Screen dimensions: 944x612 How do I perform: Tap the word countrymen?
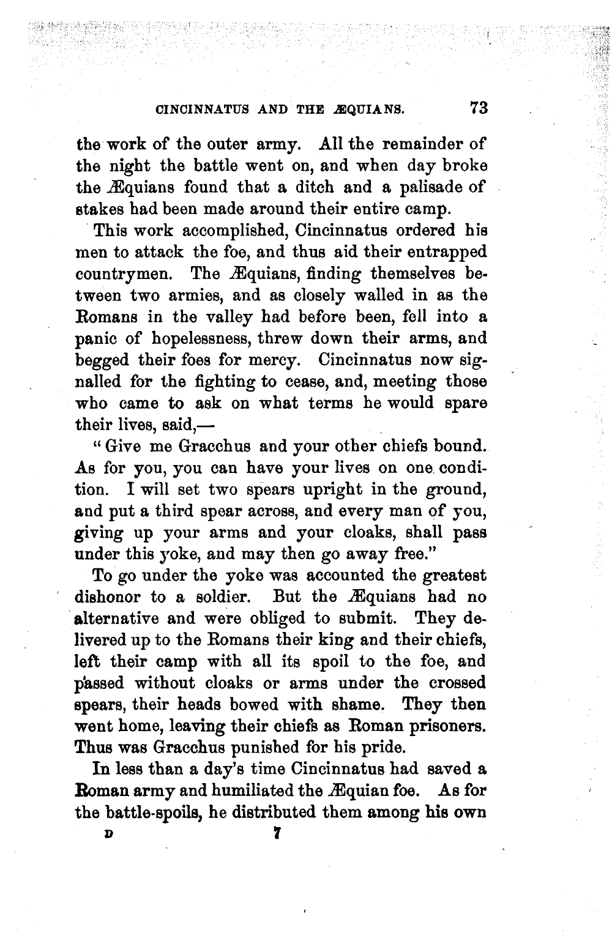[x=121, y=273]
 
